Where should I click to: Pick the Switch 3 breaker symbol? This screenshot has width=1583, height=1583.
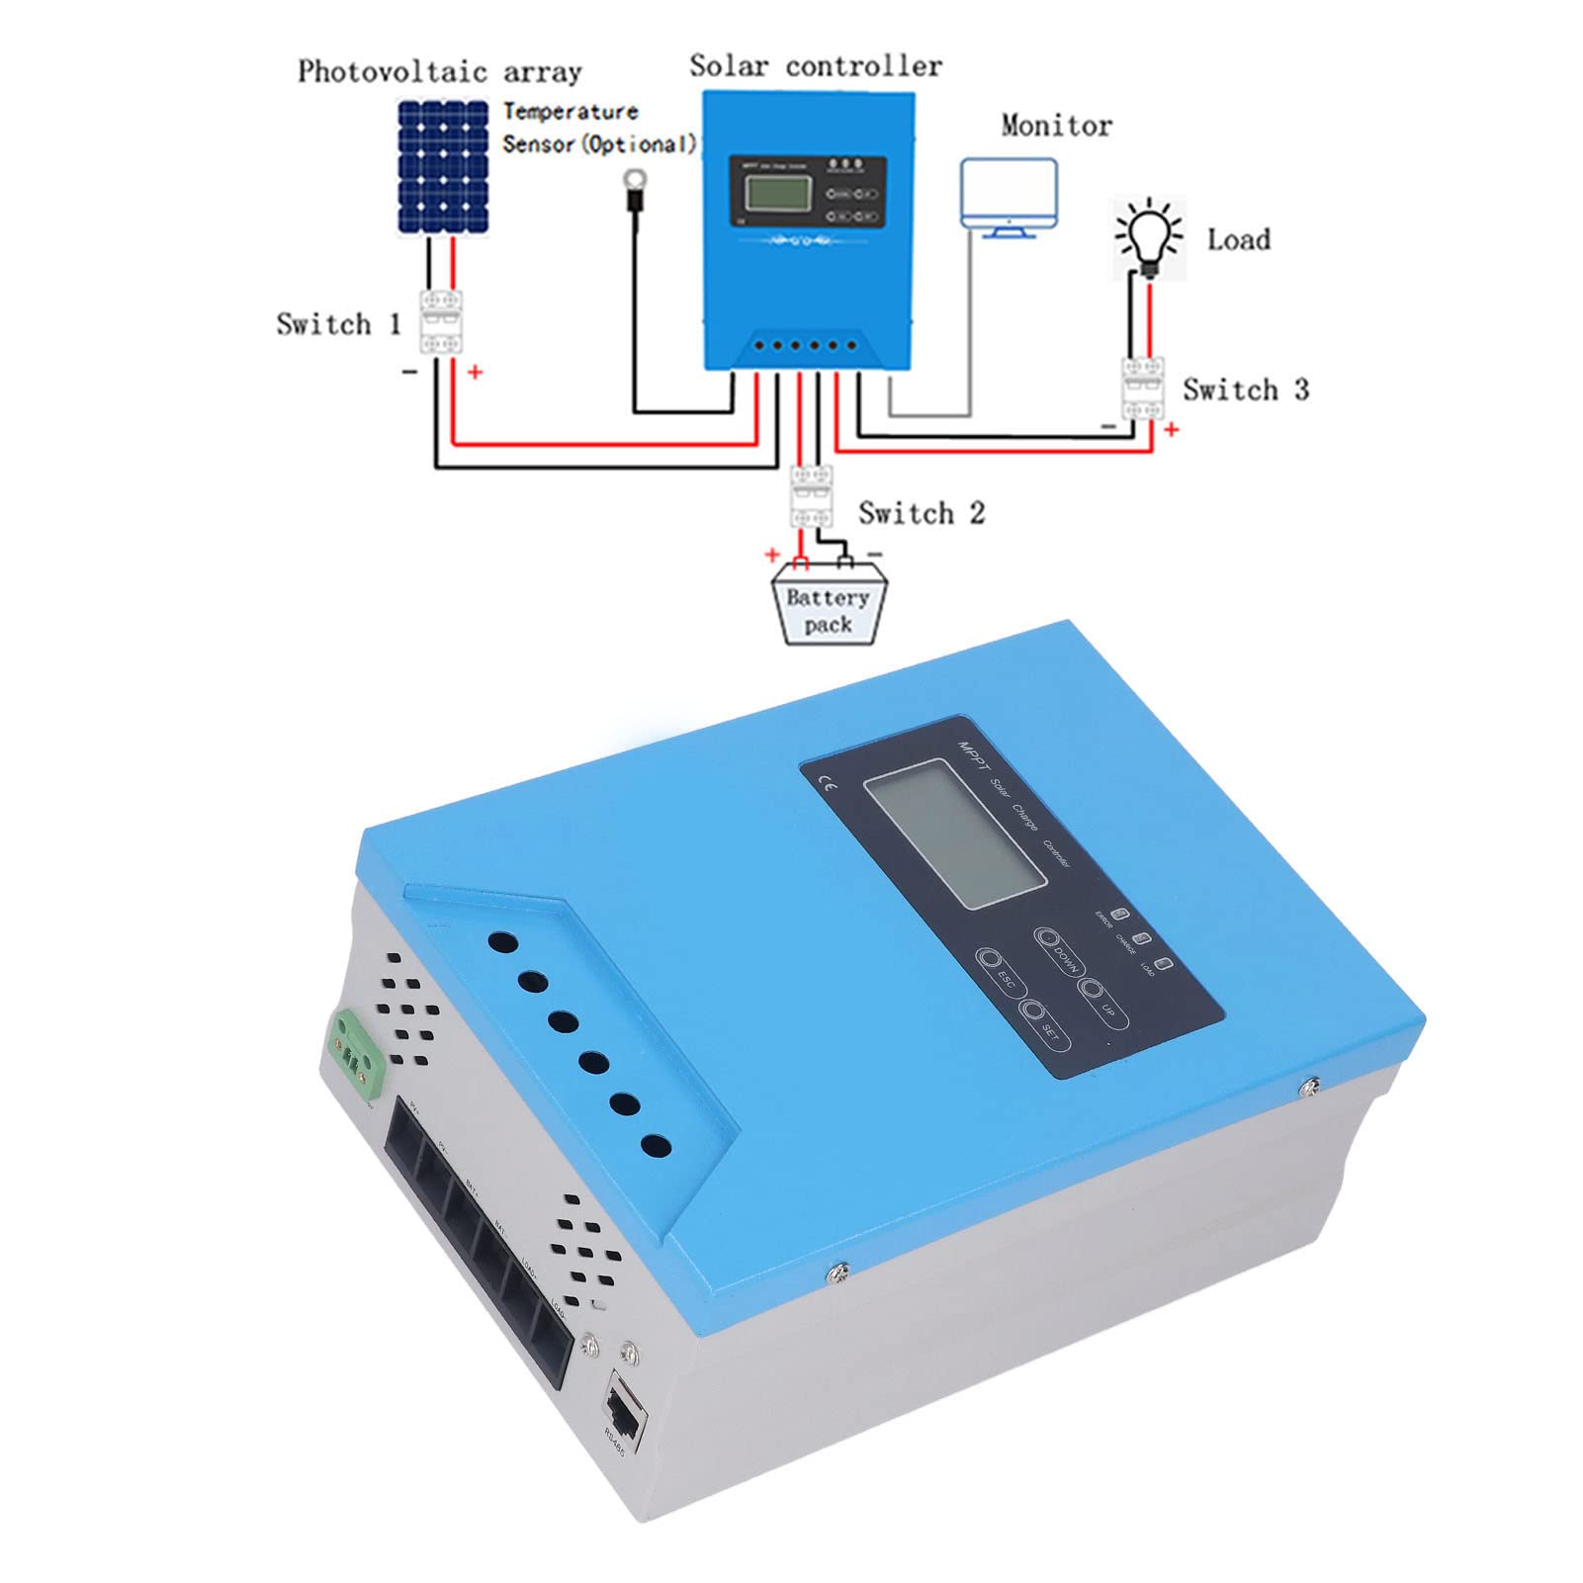tap(1142, 389)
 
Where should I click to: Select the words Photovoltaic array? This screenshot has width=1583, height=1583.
tap(439, 72)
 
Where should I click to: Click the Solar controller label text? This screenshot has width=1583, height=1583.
tap(815, 66)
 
